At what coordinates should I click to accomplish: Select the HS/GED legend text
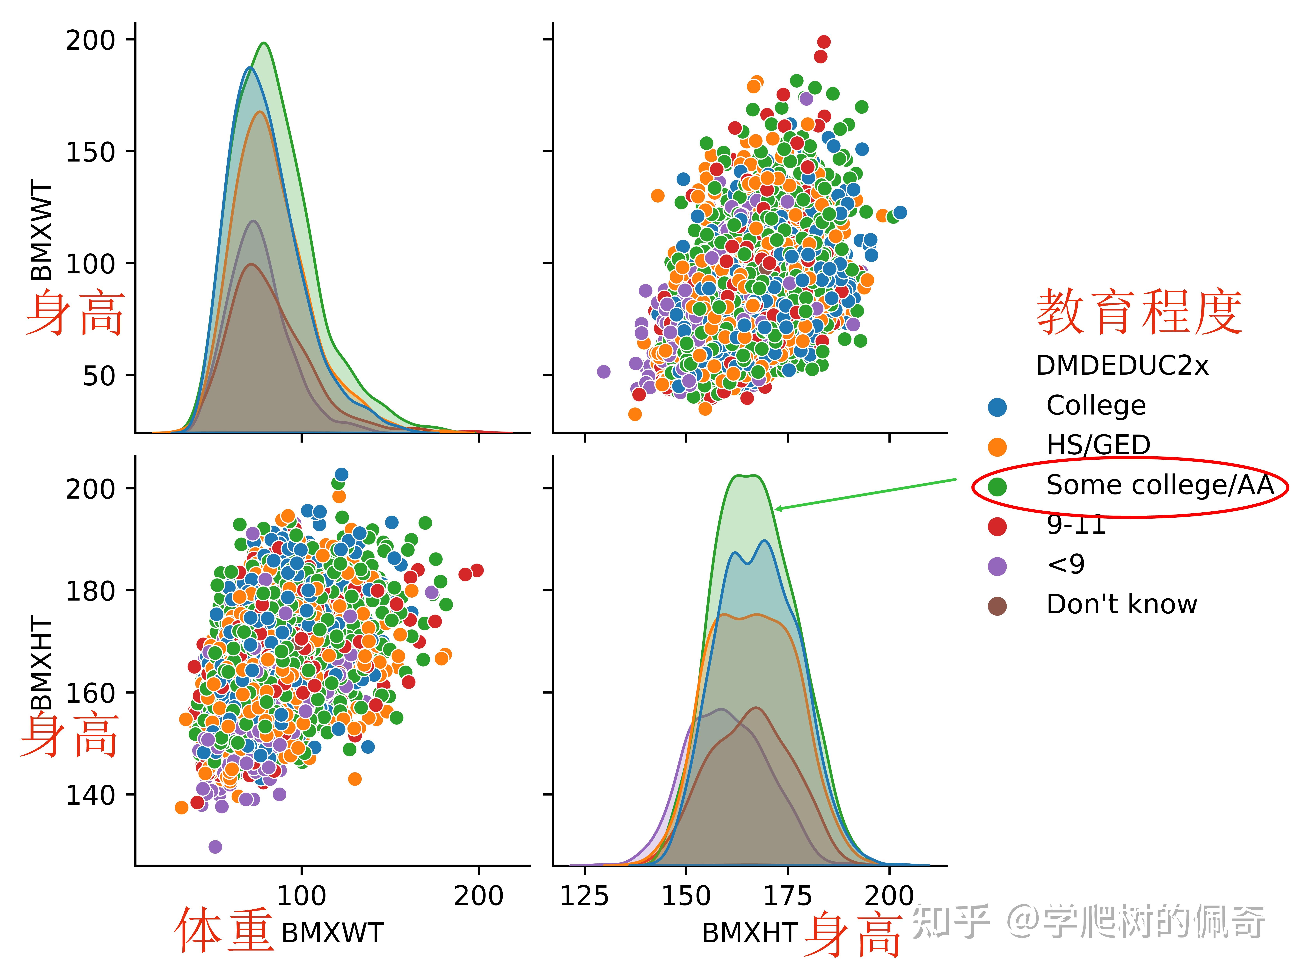(x=1098, y=445)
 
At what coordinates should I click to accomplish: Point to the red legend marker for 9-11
(x=997, y=527)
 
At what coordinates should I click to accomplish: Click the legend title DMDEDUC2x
(x=1122, y=365)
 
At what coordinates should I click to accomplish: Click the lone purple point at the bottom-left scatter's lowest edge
(x=215, y=847)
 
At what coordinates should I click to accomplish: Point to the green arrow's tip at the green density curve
(x=775, y=509)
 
